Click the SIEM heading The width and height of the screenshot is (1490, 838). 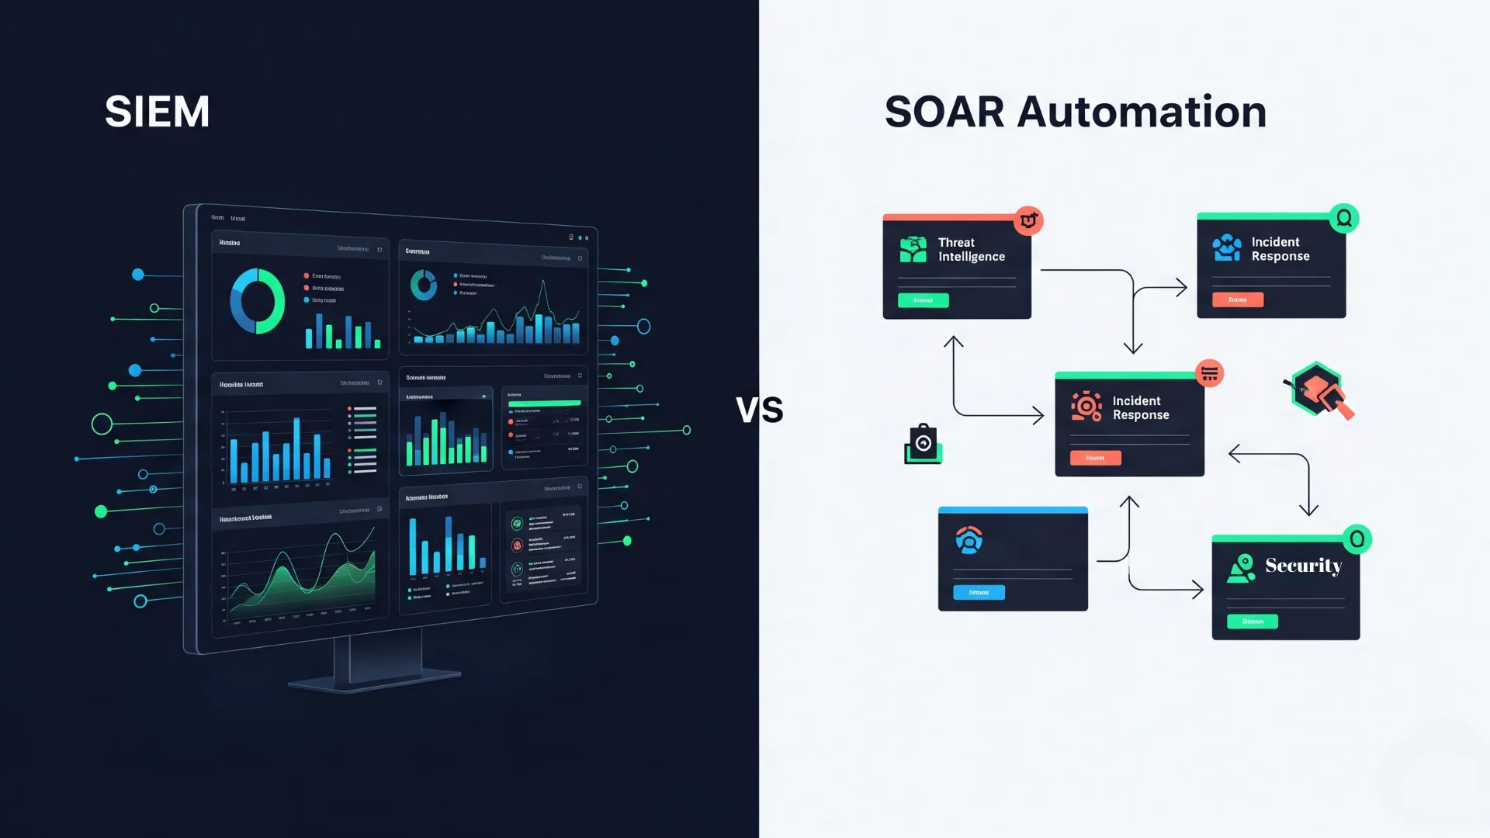coord(158,112)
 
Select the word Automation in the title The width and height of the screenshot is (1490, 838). coord(1142,112)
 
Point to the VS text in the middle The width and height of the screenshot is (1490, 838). coord(759,410)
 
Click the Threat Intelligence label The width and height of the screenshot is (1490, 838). coord(971,250)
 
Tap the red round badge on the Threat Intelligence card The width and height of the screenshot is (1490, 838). coord(1028,220)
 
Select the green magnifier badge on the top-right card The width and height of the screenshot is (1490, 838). coord(1344,219)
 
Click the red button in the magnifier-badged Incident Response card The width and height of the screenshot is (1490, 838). coord(1238,300)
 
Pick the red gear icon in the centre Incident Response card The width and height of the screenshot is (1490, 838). coord(1086,406)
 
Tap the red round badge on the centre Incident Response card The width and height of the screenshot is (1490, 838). coord(1209,373)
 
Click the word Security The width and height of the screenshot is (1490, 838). coord(1303,566)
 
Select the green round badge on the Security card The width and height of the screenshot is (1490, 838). coord(1357,538)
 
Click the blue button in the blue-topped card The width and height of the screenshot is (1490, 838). coord(979,592)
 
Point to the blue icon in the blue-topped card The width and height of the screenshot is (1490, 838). coord(968,539)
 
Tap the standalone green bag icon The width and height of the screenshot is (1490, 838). coord(923,444)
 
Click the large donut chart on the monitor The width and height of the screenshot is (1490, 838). coord(258,301)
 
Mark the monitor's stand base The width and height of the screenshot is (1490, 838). coord(375,680)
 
